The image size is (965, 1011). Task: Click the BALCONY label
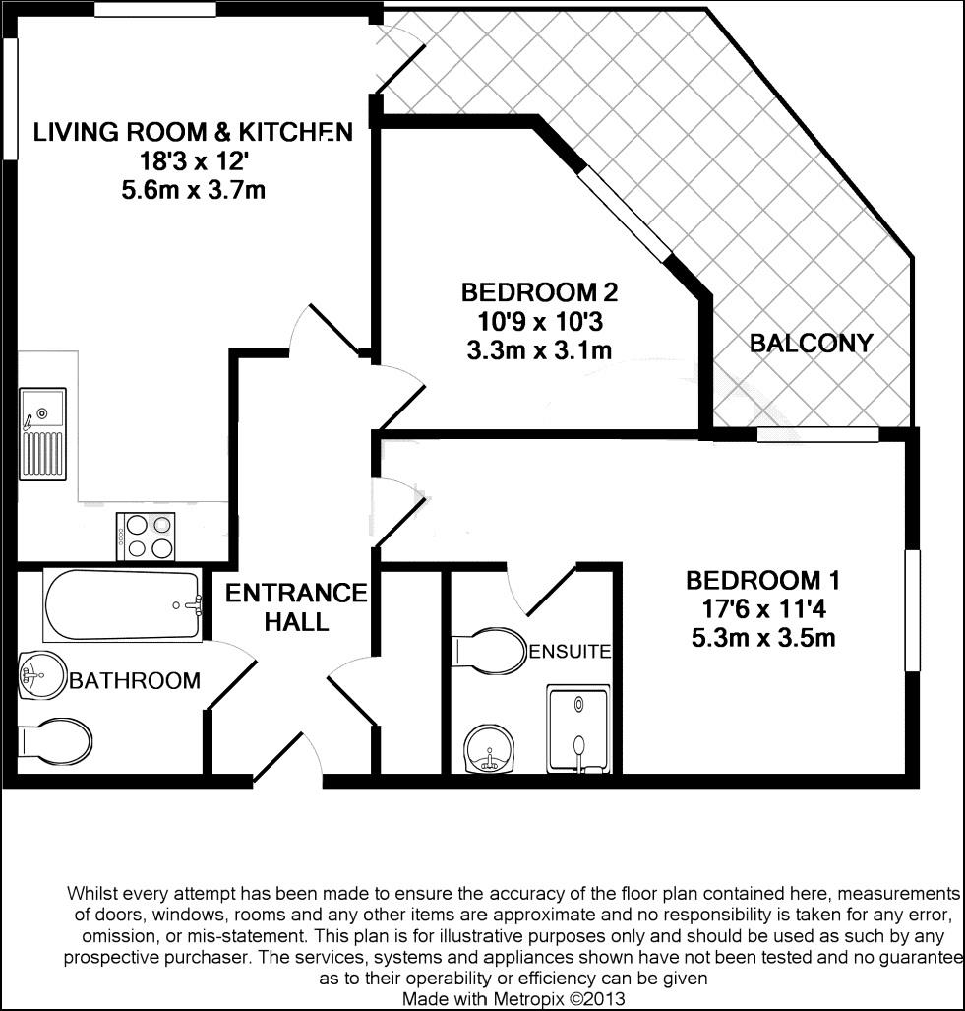coord(811,343)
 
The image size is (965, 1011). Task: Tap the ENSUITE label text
coord(571,651)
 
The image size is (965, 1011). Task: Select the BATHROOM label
coord(135,680)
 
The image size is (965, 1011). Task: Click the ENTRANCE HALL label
coord(295,607)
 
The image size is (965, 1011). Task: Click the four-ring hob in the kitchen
coord(146,537)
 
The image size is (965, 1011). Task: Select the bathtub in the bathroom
coord(122,605)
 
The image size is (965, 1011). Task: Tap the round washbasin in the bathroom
coord(36,675)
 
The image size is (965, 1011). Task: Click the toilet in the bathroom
coord(55,740)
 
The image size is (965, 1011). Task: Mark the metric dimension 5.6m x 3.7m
coord(193,190)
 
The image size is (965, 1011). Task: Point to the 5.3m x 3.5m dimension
coord(763,637)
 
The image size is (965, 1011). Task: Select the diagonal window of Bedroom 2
coord(624,214)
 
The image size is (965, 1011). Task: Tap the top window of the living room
coord(155,10)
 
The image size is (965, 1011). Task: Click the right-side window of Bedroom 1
coord(912,610)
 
